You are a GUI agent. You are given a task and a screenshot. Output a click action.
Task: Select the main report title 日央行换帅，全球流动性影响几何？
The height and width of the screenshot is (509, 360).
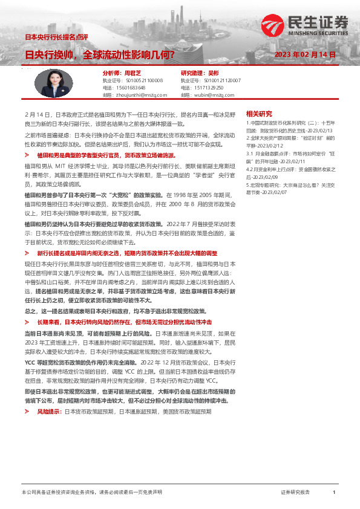[x=100, y=54]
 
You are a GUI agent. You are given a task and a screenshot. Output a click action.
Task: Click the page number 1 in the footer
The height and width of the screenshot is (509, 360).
[x=333, y=493]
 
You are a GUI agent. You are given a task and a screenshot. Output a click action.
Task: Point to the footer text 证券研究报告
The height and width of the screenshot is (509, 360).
[x=295, y=493]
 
